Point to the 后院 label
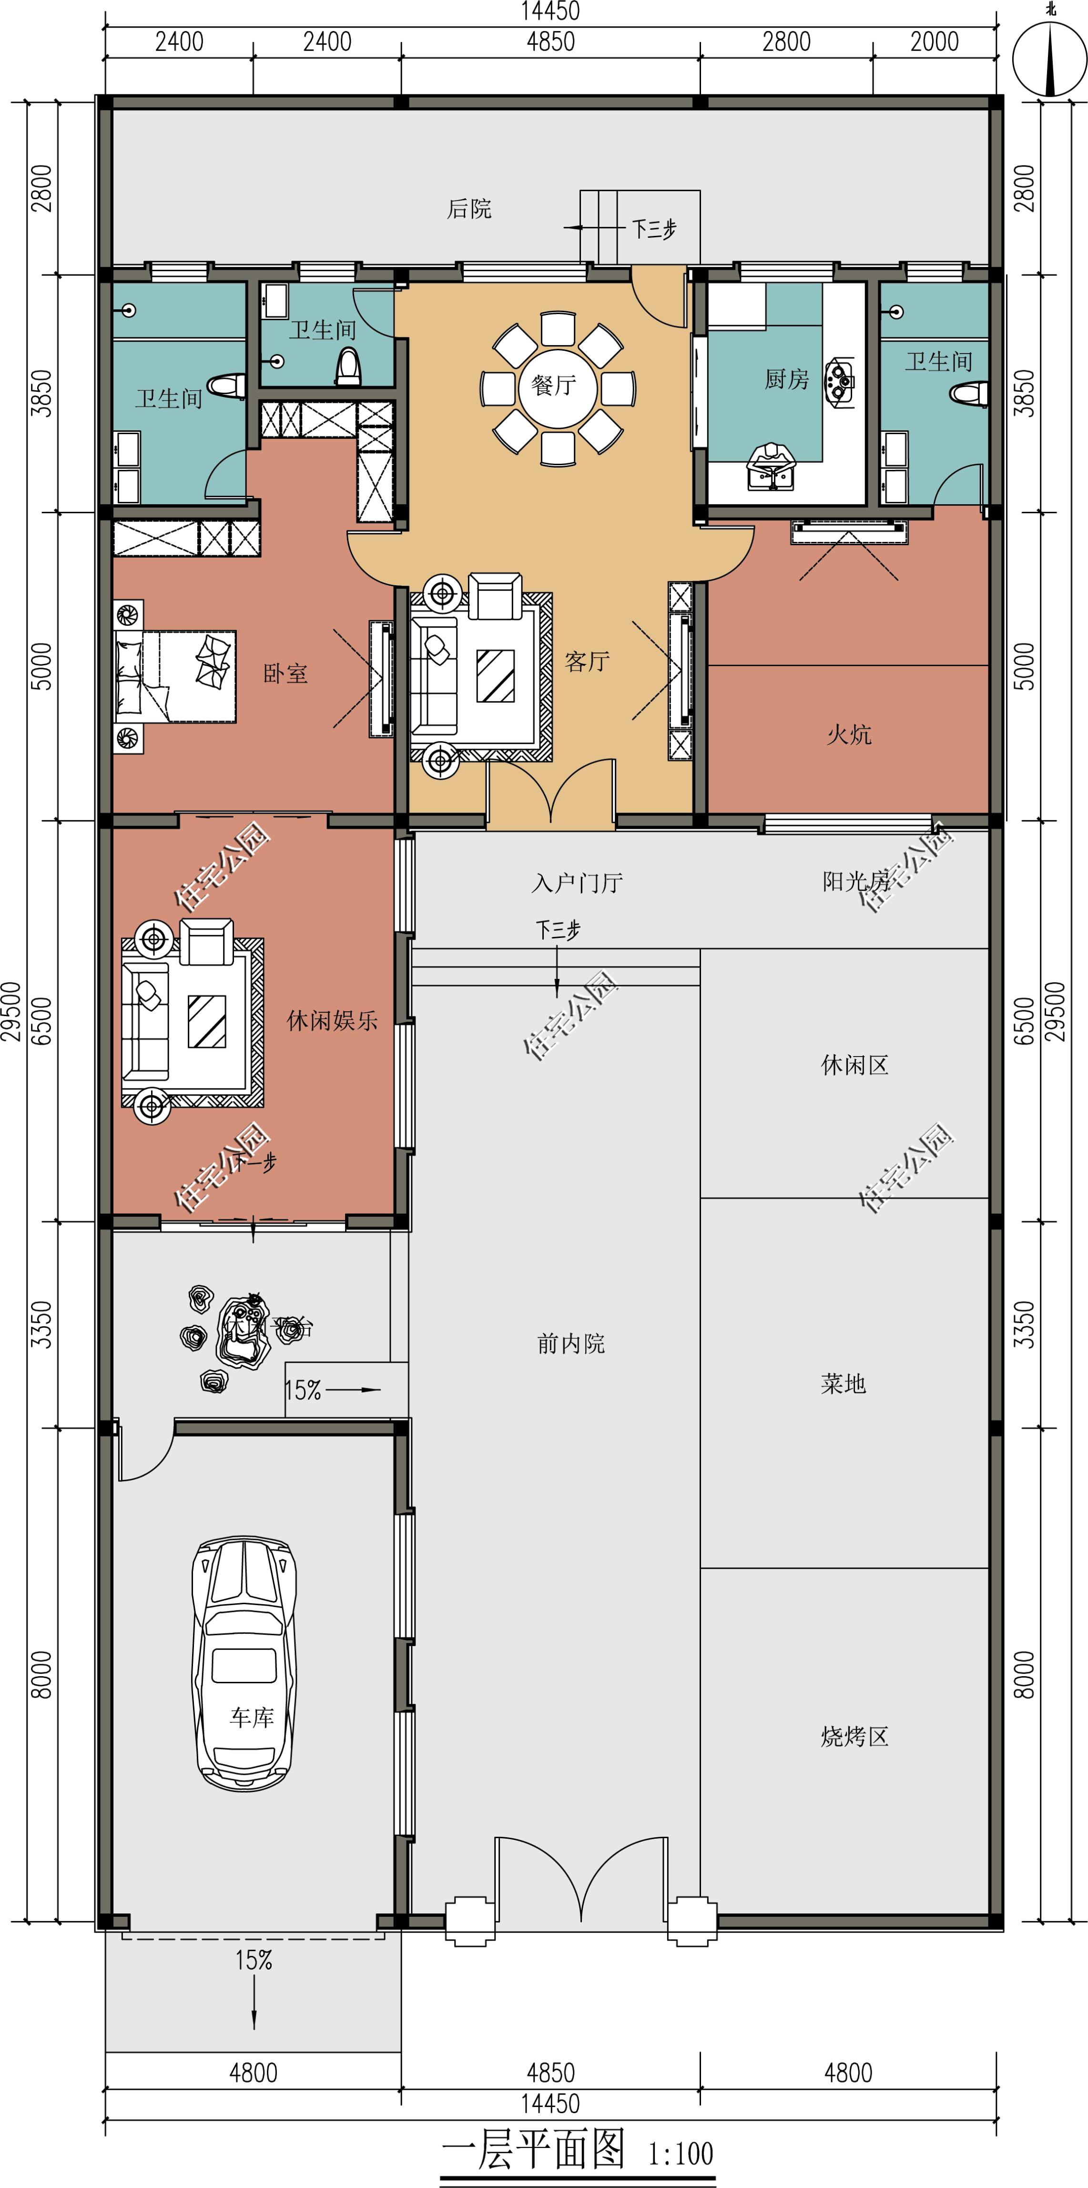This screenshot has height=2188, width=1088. pos(469,209)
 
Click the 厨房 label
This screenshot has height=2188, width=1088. pos(786,379)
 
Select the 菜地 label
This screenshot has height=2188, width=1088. pos(844,1384)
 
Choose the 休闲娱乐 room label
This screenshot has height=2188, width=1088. pos(332,1020)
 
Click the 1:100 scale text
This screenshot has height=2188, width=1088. pos(681,2153)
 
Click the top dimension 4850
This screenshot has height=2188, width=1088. pos(550,41)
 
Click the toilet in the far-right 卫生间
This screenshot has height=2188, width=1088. pos(968,394)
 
